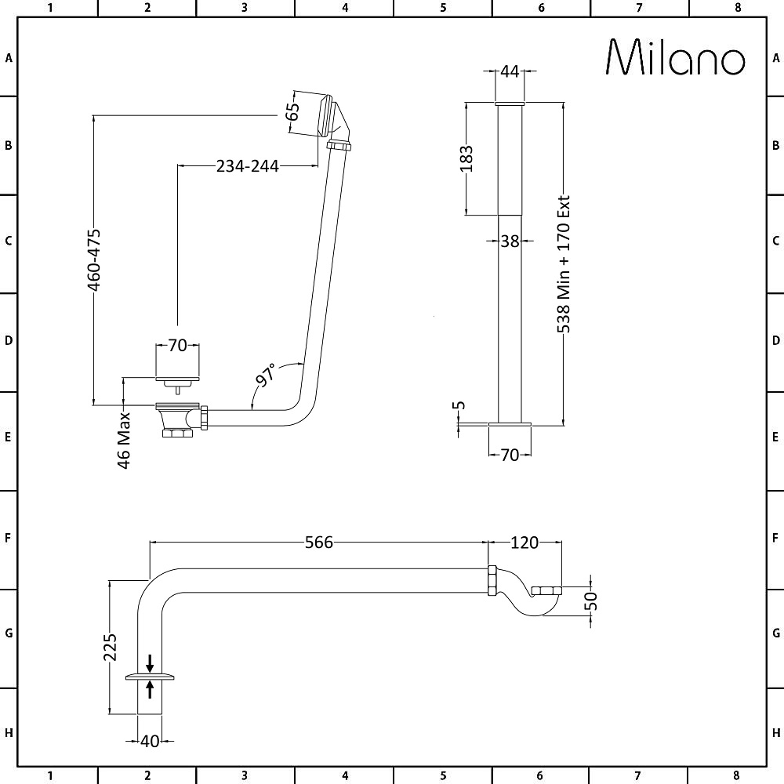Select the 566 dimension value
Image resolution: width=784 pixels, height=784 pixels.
[319, 543]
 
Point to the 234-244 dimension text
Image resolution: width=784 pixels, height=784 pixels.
[248, 165]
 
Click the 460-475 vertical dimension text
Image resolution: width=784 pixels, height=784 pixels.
[93, 260]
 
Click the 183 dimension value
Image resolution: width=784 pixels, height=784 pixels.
[466, 158]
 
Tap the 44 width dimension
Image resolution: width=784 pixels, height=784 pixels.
[510, 71]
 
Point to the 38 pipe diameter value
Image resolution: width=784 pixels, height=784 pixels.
[510, 241]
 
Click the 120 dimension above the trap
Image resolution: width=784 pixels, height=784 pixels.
[525, 543]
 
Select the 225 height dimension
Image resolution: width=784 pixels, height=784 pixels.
[111, 647]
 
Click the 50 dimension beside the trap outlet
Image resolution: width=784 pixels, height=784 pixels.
[591, 601]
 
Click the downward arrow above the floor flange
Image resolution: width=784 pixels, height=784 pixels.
[150, 662]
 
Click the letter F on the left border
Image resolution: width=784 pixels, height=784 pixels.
[9, 539]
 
